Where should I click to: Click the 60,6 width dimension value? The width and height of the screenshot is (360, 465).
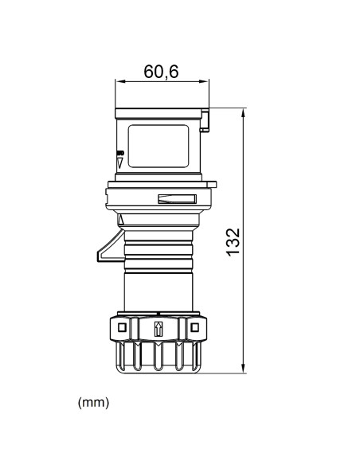tap(161, 71)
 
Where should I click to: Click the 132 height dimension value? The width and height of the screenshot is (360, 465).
tap(233, 241)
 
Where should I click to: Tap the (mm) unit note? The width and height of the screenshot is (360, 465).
tap(93, 402)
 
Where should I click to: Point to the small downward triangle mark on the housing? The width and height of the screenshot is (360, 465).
tap(120, 162)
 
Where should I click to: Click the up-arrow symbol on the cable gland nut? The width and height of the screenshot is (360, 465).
tap(157, 327)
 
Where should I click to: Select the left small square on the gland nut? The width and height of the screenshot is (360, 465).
tap(121, 327)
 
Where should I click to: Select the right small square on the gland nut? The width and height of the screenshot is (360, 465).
tap(194, 327)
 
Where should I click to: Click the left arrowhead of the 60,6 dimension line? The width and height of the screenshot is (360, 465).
tap(119, 81)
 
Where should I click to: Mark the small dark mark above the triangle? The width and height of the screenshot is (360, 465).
tap(120, 152)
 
